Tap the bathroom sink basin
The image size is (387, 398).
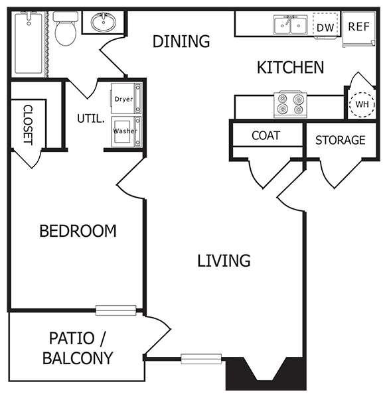point(102,24)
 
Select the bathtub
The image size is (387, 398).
point(29,44)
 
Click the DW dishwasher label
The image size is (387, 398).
point(325,27)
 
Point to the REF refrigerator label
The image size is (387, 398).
point(358,27)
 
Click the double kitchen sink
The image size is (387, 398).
point(290,26)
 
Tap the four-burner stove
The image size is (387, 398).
point(290,104)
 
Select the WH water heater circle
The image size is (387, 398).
point(362,104)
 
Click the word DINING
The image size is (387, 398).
point(181,41)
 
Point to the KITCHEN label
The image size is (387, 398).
point(290,67)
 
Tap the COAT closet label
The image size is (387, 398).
point(266,135)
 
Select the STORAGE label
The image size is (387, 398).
point(340,140)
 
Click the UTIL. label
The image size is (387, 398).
point(90,119)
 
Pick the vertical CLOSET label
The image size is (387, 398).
point(28,124)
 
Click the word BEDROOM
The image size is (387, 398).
point(78,231)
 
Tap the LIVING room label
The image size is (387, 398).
point(224,260)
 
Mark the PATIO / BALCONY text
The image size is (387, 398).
point(77,348)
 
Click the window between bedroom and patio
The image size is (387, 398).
point(116,310)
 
